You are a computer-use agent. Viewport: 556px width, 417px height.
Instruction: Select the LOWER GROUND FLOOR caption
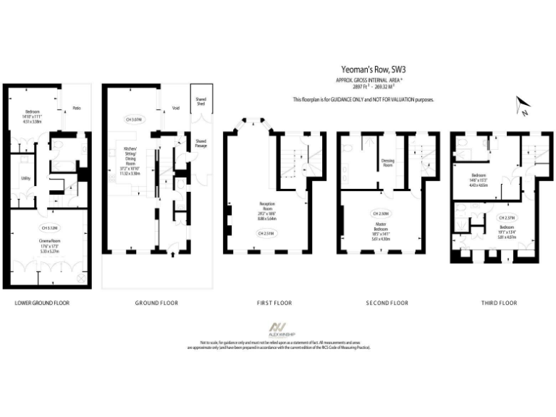click(42, 303)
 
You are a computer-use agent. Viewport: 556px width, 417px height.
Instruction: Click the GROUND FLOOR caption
click(156, 303)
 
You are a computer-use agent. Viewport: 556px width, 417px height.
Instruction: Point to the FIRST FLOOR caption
click(274, 303)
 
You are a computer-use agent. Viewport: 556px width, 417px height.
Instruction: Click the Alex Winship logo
click(278, 330)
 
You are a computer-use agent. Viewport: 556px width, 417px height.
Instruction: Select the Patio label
click(76, 109)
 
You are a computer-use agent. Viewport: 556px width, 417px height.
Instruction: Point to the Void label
click(175, 109)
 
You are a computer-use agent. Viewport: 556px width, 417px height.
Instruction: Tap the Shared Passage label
click(201, 143)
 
